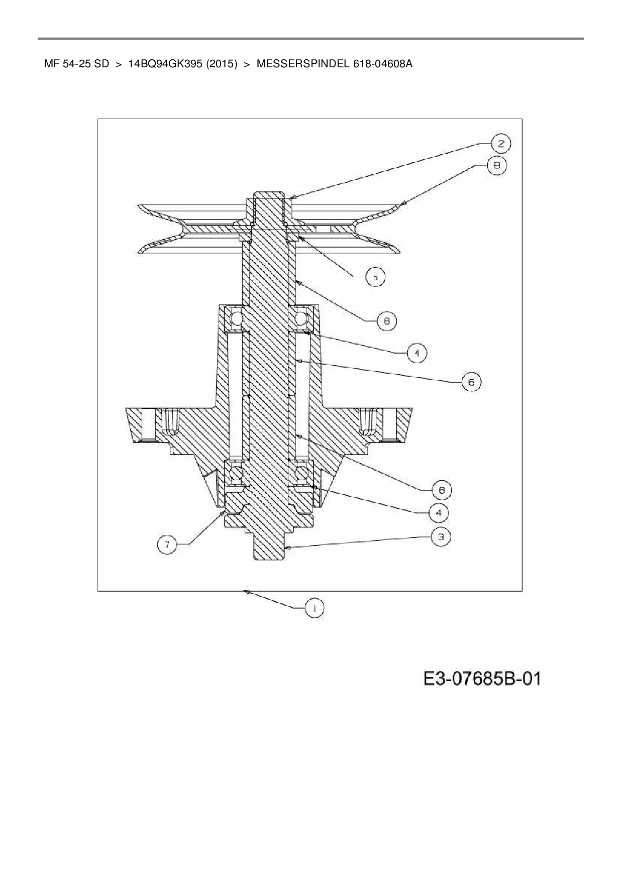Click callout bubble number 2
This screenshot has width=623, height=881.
coord(501,144)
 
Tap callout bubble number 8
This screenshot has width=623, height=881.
coord(496,166)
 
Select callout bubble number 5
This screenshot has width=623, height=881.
coord(375,277)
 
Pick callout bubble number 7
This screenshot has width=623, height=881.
coord(167,544)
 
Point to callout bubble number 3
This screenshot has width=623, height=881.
coord(441,537)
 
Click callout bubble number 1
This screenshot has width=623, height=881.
coord(315,608)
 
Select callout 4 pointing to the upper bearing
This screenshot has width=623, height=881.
coord(417,353)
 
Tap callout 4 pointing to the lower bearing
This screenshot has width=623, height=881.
coord(439,513)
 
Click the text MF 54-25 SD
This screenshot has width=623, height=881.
coord(76,64)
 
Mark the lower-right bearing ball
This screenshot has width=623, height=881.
coord(302,473)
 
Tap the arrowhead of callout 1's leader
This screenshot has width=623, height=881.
coord(246,592)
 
